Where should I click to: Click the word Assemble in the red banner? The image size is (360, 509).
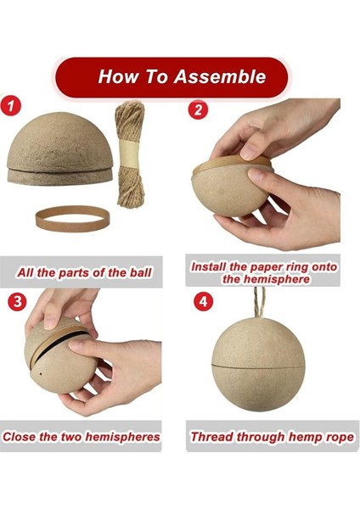click(220, 76)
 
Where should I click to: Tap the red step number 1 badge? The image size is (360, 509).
click(11, 105)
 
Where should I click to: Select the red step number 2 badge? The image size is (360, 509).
click(198, 109)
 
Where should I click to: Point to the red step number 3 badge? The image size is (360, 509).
click(17, 301)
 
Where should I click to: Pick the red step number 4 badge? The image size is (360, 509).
click(204, 301)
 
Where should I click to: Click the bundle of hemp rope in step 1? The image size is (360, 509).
click(130, 154)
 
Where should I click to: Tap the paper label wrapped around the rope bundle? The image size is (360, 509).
click(129, 153)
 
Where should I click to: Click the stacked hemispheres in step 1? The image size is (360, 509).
click(59, 148)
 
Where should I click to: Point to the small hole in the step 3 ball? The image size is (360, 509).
click(41, 374)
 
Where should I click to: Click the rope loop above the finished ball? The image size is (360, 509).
click(260, 303)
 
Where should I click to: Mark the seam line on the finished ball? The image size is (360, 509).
click(258, 366)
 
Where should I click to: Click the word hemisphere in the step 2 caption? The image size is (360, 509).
click(266, 279)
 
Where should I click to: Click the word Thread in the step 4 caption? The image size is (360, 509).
click(212, 437)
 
